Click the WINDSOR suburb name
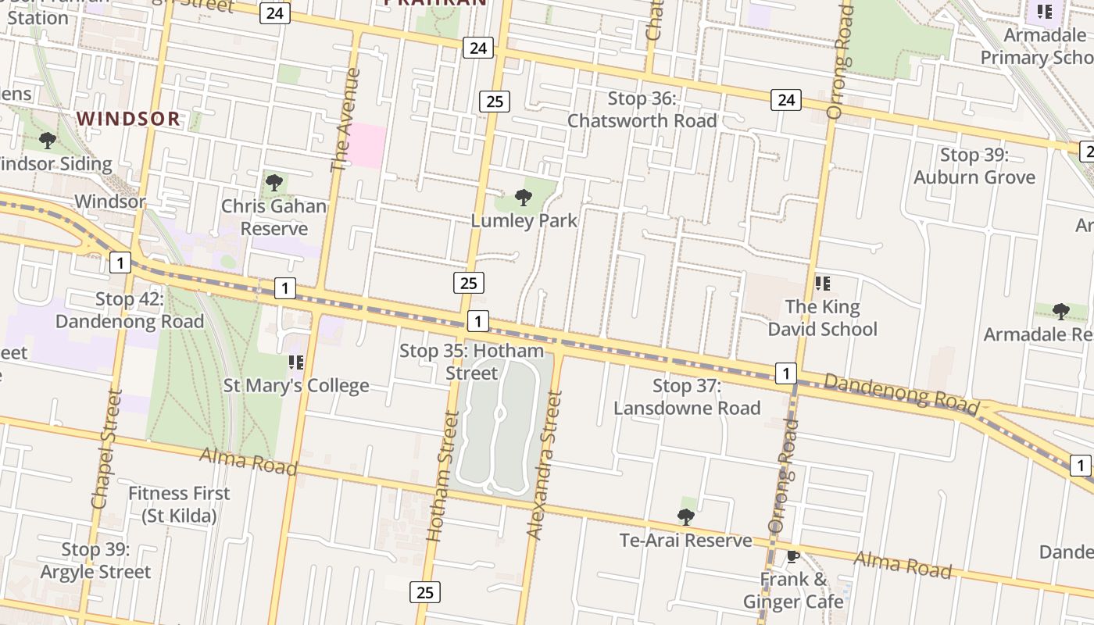[129, 119]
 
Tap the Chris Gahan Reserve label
[273, 218]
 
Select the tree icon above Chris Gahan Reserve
[273, 183]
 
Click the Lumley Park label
[524, 221]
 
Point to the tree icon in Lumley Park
[524, 197]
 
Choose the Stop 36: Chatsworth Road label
[642, 109]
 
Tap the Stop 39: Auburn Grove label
[974, 166]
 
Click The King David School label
[822, 318]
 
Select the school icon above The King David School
[822, 283]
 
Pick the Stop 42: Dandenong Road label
[130, 310]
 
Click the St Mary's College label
[296, 385]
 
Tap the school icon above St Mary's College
[296, 362]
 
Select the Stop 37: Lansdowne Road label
[687, 396]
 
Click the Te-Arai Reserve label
[685, 541]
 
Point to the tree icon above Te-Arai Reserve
[685, 516]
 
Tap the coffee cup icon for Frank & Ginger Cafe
[793, 556]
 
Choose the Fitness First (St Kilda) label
[179, 505]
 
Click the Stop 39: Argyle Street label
[95, 561]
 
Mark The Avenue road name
[346, 120]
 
